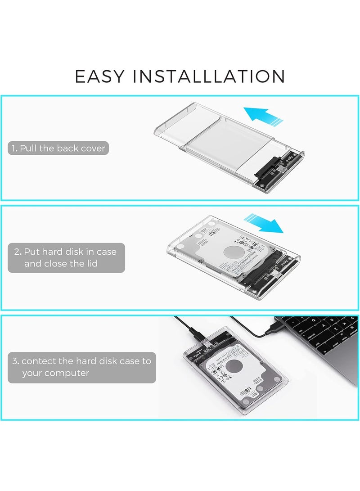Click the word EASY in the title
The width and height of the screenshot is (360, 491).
[x=100, y=76]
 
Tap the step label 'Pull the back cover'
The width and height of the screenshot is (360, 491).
[x=58, y=148]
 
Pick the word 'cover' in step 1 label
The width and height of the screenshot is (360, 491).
[x=93, y=148]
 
